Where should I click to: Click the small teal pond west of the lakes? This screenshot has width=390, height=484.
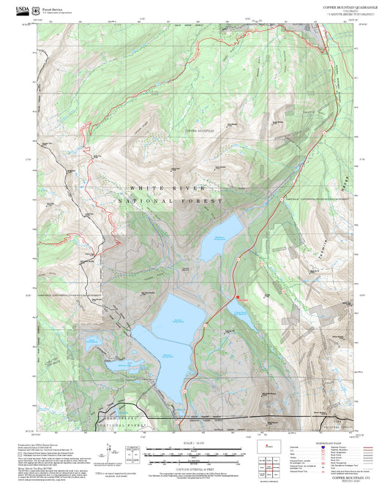(x=92, y=341)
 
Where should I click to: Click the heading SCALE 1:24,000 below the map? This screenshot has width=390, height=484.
(x=195, y=442)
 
